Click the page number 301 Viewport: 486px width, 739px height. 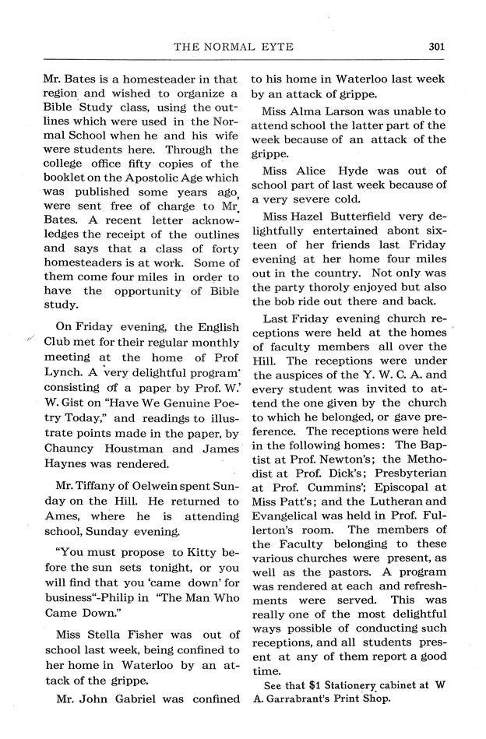coord(435,46)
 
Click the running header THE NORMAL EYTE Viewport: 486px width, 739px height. coord(233,47)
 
